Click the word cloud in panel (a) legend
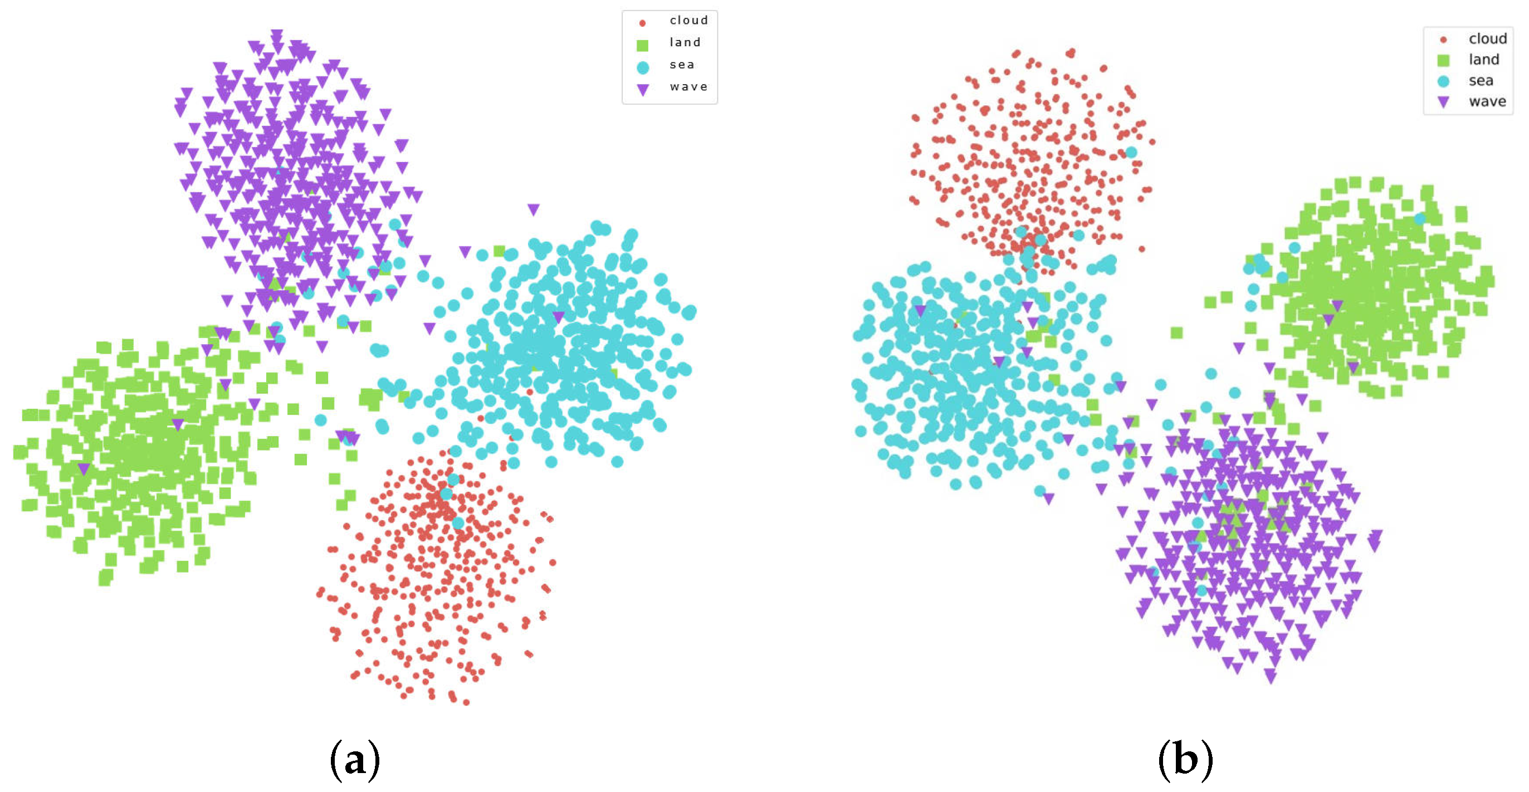tap(688, 20)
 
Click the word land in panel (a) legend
tap(685, 42)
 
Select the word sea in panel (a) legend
tap(682, 64)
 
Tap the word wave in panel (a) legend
tap(688, 87)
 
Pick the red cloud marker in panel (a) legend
tap(642, 23)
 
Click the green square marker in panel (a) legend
tap(642, 45)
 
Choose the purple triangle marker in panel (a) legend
tap(642, 90)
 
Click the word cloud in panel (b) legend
tap(1487, 38)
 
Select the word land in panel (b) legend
tap(1484, 60)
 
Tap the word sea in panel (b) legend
tap(1481, 80)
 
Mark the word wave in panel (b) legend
tap(1487, 101)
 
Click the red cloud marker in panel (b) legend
tap(1443, 40)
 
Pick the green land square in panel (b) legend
tap(1443, 61)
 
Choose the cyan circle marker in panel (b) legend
tap(1443, 81)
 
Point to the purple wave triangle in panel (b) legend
tap(1443, 102)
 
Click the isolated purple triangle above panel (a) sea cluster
tap(533, 209)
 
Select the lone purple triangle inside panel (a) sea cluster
tap(558, 317)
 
